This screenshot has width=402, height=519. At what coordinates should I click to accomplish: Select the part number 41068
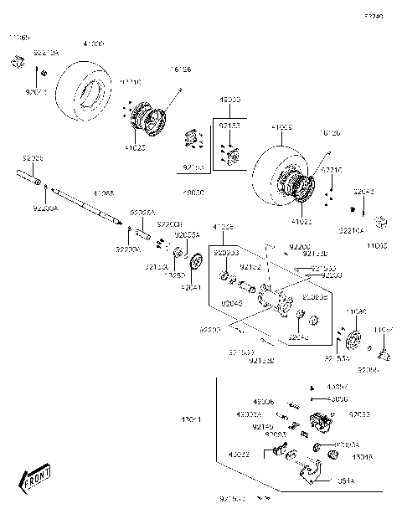pos(104,193)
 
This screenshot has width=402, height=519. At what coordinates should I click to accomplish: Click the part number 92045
pos(232,303)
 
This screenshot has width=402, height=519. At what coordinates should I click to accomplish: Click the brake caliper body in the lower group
pos(320,423)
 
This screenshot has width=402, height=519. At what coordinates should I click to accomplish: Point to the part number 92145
pos(262,426)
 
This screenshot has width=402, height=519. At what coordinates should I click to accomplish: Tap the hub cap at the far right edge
pos(384,222)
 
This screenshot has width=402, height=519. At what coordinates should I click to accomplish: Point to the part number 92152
pos(251,267)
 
